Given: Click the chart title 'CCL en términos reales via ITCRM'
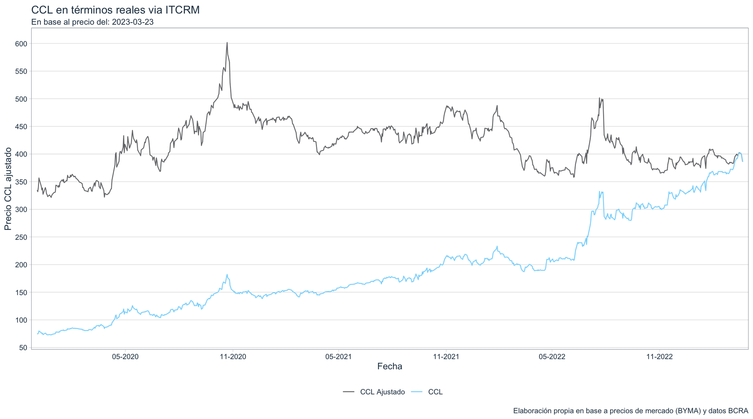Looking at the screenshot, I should tap(115, 10).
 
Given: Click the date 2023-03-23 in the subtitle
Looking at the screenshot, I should tap(133, 22).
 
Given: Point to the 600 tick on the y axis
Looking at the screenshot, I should tap(22, 44).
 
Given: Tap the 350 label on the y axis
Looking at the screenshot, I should tap(22, 182).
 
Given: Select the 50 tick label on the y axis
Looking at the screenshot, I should tap(23, 347).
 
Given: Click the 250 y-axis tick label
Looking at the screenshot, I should tap(22, 237).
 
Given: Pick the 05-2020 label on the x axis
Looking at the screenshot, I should tap(125, 357).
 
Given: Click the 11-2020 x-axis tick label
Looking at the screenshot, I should tap(233, 357).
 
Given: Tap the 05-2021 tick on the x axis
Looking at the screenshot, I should tap(338, 357).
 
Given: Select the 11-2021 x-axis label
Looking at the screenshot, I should tap(446, 357).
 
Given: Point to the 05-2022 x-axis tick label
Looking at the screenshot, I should tap(552, 357).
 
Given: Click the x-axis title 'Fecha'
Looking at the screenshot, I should tap(390, 366).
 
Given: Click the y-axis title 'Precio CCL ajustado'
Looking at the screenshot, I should tap(8, 189).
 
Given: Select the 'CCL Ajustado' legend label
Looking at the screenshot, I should tap(382, 392).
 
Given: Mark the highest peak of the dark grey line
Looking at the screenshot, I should tap(227, 43).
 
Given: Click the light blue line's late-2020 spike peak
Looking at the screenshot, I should tap(227, 274).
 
